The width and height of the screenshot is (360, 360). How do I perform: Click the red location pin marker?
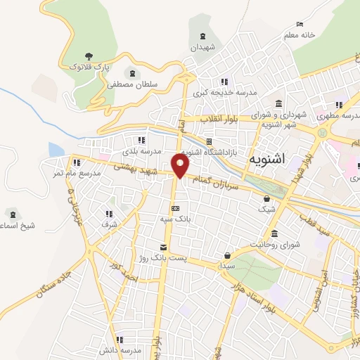[181, 166]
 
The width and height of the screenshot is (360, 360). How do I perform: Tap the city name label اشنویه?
[266, 160]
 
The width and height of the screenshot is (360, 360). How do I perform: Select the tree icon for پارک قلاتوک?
[88, 56]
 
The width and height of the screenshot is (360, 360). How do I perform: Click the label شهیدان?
[204, 48]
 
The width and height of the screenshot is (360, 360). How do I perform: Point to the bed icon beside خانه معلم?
[300, 25]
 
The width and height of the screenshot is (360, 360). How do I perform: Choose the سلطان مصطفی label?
[131, 84]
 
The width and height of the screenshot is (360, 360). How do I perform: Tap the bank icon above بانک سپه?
[175, 208]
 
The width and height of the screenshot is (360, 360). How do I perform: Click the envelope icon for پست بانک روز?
[164, 247]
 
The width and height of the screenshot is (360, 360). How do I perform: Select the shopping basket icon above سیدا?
[226, 255]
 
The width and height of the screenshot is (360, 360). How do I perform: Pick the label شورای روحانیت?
[275, 245]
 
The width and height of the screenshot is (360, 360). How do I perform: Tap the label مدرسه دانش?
[122, 350]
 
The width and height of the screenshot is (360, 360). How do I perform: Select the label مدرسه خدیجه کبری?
[227, 93]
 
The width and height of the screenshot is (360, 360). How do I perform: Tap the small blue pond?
[56, 149]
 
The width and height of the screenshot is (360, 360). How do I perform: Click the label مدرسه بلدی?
[142, 151]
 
